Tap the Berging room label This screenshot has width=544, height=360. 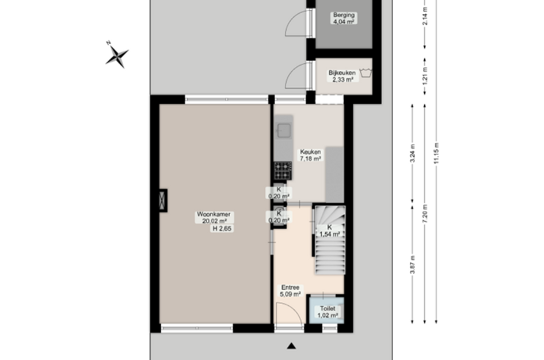click(343, 18)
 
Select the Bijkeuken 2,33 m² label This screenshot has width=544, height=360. click(342, 76)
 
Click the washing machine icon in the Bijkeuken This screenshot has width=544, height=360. click(364, 73)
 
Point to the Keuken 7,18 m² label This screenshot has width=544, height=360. click(310, 155)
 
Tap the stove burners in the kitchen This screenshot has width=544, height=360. click(283, 170)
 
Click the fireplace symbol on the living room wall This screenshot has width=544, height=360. click(163, 200)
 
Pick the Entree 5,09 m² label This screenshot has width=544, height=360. click(291, 291)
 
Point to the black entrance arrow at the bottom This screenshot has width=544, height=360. click(292, 346)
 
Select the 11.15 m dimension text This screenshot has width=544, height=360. click(437, 153)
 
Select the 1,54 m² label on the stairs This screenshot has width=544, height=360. click(329, 230)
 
